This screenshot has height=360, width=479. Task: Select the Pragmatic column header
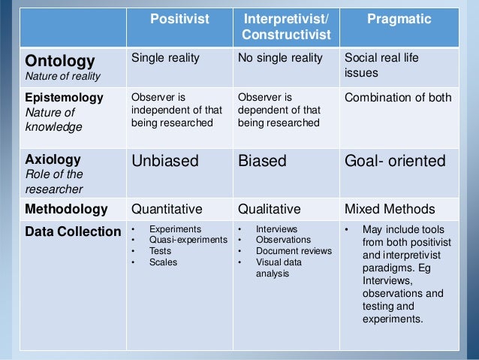[399, 20]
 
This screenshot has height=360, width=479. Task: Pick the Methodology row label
[66, 209]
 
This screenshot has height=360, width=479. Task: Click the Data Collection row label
[73, 231]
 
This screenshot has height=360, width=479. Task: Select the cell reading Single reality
[166, 59]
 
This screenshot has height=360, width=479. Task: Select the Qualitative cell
[269, 209]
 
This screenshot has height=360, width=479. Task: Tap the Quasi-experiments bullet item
[188, 240]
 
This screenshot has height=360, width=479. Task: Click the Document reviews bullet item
[293, 251]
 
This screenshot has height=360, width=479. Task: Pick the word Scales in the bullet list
[164, 262]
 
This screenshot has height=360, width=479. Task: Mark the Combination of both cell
[397, 98]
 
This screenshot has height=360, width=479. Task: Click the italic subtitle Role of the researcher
[53, 182]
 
